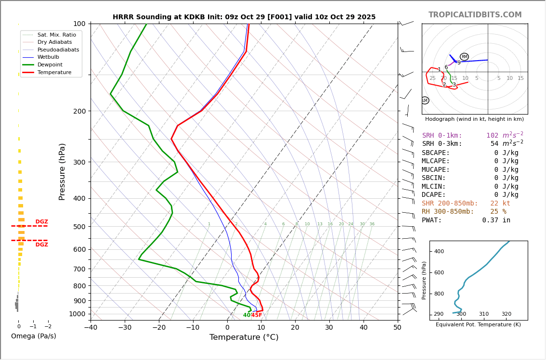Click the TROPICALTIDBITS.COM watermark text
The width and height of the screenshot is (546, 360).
coord(475,15)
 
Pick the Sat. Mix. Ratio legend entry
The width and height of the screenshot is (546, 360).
coord(56,35)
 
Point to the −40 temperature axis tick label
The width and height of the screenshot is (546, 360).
coord(91,328)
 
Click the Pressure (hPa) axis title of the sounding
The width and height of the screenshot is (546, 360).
coord(62,171)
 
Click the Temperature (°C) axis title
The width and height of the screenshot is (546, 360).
coord(244,337)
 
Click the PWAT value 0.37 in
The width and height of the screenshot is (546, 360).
coord(496,220)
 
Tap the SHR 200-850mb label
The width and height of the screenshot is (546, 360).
coord(450,204)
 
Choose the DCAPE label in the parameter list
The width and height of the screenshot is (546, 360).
coord(434,195)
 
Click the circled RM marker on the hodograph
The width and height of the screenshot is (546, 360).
coord(464,57)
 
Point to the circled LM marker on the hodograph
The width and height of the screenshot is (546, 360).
coord(425,101)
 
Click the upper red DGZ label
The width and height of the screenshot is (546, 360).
coord(41,222)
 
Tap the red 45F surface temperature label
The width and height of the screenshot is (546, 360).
coord(257,315)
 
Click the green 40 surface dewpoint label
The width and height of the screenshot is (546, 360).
coord(247,315)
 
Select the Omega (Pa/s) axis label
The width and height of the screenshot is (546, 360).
coord(33,336)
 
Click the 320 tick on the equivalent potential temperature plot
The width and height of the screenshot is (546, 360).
coord(506,314)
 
